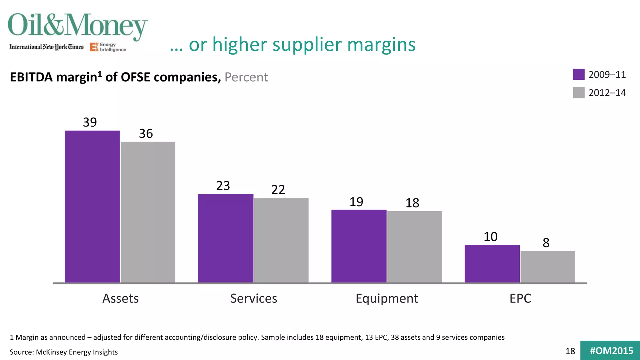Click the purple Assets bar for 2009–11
(92, 206)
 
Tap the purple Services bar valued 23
(226, 238)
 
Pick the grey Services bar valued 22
(281, 240)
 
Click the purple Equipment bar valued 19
(359, 246)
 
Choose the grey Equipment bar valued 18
(414, 247)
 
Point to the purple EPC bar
(492, 264)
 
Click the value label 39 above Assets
(90, 122)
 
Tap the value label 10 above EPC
(490, 237)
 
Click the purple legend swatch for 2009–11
(579, 74)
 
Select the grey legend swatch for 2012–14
(579, 92)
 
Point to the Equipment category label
(387, 298)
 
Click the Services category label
(253, 298)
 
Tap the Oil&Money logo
(77, 26)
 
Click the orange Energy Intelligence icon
(94, 47)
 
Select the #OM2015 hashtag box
(611, 351)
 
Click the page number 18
(570, 351)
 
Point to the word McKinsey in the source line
(51, 352)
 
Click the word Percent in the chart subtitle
(246, 77)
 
